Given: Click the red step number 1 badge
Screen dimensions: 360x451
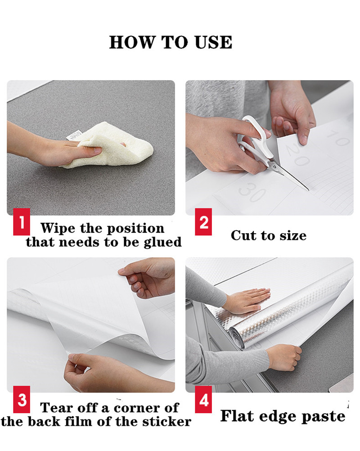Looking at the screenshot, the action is pos(22,222).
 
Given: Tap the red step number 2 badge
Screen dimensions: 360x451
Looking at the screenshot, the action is pos(203,222).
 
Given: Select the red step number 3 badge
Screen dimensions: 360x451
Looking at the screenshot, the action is pos(22,399).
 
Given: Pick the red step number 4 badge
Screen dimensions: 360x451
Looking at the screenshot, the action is pos(203,399).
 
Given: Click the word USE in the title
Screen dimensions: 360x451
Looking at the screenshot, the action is pos(213,42).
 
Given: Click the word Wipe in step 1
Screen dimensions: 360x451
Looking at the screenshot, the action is pos(58,228).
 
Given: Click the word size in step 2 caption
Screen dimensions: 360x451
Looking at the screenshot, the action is pos(293,235).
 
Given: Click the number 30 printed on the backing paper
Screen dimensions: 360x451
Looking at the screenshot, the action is pos(252,191).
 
